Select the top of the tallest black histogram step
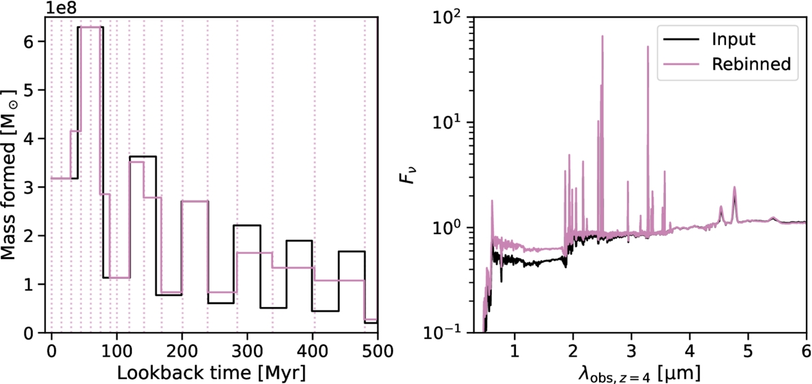click(x=90, y=27)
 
